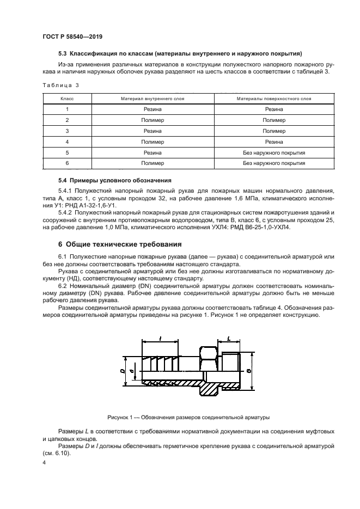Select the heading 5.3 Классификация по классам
(180, 53)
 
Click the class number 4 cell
(66, 142)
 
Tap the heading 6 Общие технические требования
(120, 244)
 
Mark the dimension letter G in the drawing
(248, 371)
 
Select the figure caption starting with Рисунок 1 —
(180, 418)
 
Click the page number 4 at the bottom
(44, 462)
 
